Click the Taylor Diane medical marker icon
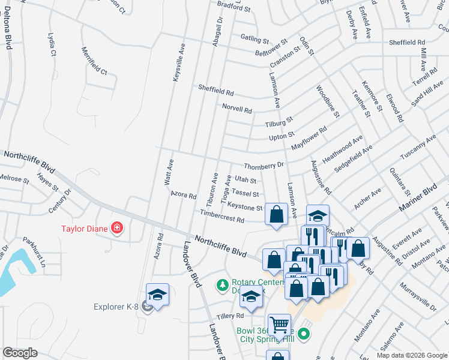[116, 228]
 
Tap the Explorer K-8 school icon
[157, 295]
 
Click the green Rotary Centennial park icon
[222, 284]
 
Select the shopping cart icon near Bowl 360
[279, 325]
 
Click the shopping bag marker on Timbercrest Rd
[276, 214]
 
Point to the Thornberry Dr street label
[263, 165]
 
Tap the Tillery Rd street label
[231, 316]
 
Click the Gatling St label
[255, 39]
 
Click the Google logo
[20, 353]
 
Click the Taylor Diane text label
[83, 228]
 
